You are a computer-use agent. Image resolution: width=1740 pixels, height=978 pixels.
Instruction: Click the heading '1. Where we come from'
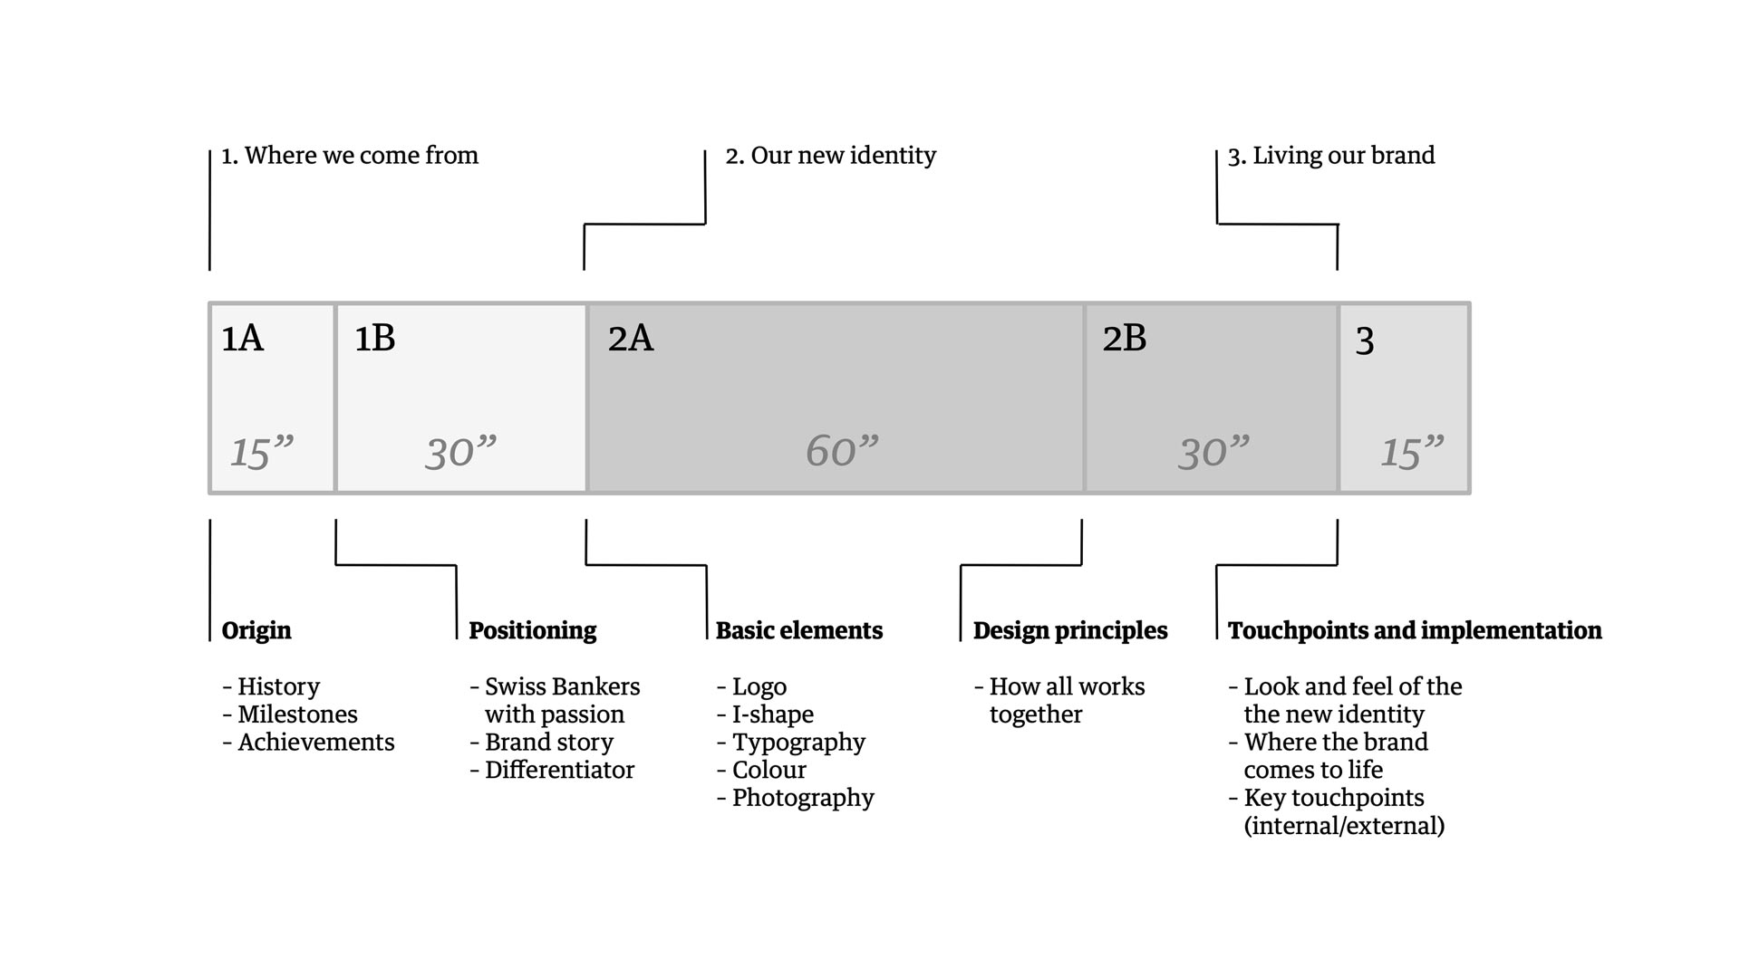[x=350, y=156]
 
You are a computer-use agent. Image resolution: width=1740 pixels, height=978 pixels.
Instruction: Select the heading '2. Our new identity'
[x=830, y=156]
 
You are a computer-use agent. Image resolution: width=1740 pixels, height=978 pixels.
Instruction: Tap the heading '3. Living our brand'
[x=1330, y=156]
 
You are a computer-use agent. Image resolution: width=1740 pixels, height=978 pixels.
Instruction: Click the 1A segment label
[x=242, y=339]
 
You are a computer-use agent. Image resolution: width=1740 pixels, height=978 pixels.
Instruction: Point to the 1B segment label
[x=374, y=339]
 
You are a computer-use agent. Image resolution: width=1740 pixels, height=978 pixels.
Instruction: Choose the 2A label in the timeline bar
[x=630, y=339]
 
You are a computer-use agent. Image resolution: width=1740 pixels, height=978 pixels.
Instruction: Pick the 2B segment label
[x=1124, y=339]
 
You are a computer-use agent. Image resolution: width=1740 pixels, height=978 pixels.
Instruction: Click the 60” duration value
[x=842, y=451]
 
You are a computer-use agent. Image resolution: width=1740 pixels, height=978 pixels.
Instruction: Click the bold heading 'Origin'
[x=256, y=630]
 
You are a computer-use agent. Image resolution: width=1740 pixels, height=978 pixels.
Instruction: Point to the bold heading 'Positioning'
[x=532, y=630]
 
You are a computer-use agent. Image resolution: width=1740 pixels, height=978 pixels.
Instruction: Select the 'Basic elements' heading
[x=798, y=630]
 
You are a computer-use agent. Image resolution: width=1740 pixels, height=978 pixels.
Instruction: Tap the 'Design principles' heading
[x=1069, y=630]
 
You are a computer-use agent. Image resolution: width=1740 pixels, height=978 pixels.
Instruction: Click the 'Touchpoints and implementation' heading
[x=1414, y=630]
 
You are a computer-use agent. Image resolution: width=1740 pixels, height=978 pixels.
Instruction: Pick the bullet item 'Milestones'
[x=297, y=714]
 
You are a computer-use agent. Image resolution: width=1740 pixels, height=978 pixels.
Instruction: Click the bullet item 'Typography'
[x=797, y=743]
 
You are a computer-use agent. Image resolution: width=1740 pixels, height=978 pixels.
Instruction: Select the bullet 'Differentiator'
[x=558, y=770]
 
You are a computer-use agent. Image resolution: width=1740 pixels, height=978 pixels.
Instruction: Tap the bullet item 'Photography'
[x=802, y=798]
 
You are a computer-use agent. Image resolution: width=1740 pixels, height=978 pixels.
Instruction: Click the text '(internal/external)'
[x=1344, y=826]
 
